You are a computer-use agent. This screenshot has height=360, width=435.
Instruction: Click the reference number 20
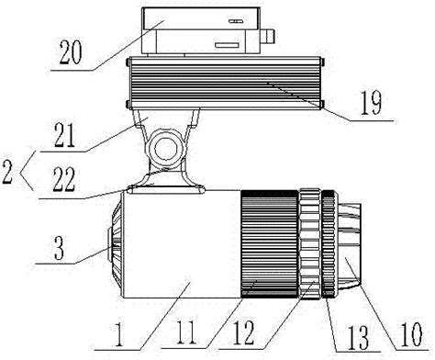(71, 52)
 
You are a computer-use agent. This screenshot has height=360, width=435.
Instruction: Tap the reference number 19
(371, 103)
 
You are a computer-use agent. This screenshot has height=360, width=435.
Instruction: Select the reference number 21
(64, 136)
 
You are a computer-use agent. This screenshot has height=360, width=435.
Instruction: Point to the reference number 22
(63, 180)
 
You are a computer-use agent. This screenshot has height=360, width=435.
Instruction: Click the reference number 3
(60, 248)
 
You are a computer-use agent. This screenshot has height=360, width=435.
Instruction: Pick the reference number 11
(184, 332)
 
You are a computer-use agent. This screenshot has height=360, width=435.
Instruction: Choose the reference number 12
(244, 333)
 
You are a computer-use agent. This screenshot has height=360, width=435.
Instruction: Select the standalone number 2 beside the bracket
(7, 173)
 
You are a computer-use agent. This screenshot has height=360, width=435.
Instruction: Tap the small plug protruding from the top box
(268, 36)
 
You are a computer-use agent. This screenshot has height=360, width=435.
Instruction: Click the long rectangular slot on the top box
(227, 45)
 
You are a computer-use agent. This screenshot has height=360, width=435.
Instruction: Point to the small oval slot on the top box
(236, 22)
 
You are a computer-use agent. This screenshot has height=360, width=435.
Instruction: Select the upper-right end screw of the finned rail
(322, 62)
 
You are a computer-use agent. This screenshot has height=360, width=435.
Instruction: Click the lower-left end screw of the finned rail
(128, 104)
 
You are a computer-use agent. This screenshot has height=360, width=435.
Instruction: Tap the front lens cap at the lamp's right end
(350, 245)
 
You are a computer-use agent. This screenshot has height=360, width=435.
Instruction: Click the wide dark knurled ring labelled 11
(270, 244)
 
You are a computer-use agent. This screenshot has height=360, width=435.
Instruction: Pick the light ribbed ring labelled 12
(310, 244)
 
